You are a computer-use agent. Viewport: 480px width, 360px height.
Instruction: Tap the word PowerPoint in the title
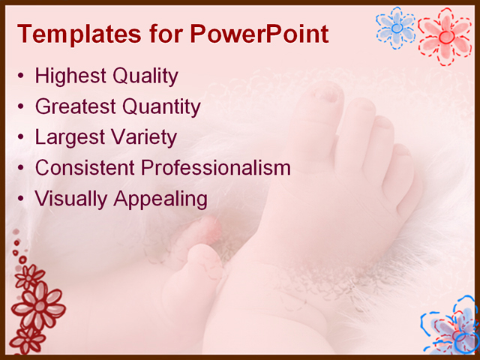(x=259, y=34)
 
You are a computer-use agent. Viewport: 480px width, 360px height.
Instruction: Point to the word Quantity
(x=161, y=106)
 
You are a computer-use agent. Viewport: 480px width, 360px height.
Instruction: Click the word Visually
(x=71, y=199)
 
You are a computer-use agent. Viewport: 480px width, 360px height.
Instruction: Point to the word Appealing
(x=160, y=199)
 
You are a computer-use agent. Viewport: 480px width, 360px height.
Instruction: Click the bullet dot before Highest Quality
(x=22, y=76)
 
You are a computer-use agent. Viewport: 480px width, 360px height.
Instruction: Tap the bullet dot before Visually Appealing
(x=22, y=199)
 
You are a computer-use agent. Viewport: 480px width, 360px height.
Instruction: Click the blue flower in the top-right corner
(x=395, y=28)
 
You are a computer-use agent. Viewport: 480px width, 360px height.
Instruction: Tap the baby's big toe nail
(x=328, y=94)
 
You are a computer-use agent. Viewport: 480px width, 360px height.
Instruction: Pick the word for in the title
(x=162, y=34)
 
